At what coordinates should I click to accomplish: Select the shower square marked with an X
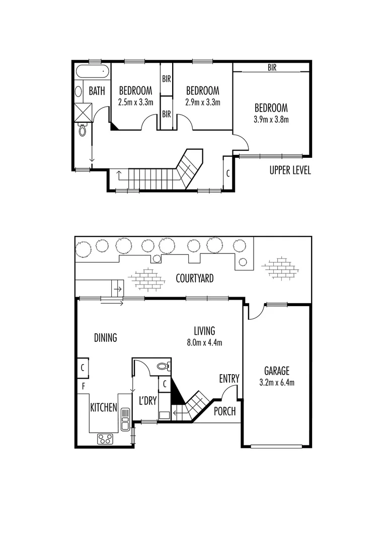point(84,112)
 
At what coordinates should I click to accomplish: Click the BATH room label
point(97,92)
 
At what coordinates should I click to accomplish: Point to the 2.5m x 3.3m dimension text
point(135,102)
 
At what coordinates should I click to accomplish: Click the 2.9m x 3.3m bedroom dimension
point(202,102)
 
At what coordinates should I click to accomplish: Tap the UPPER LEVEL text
point(290,171)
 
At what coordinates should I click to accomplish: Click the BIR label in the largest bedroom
point(272,67)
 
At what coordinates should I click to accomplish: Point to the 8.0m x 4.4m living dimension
point(204,342)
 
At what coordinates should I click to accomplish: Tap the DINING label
point(105,338)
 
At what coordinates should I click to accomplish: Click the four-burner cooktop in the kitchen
point(105,438)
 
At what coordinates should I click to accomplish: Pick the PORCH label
point(224,411)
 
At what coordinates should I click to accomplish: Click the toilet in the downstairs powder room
point(163,366)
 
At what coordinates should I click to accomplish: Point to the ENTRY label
point(229,379)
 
